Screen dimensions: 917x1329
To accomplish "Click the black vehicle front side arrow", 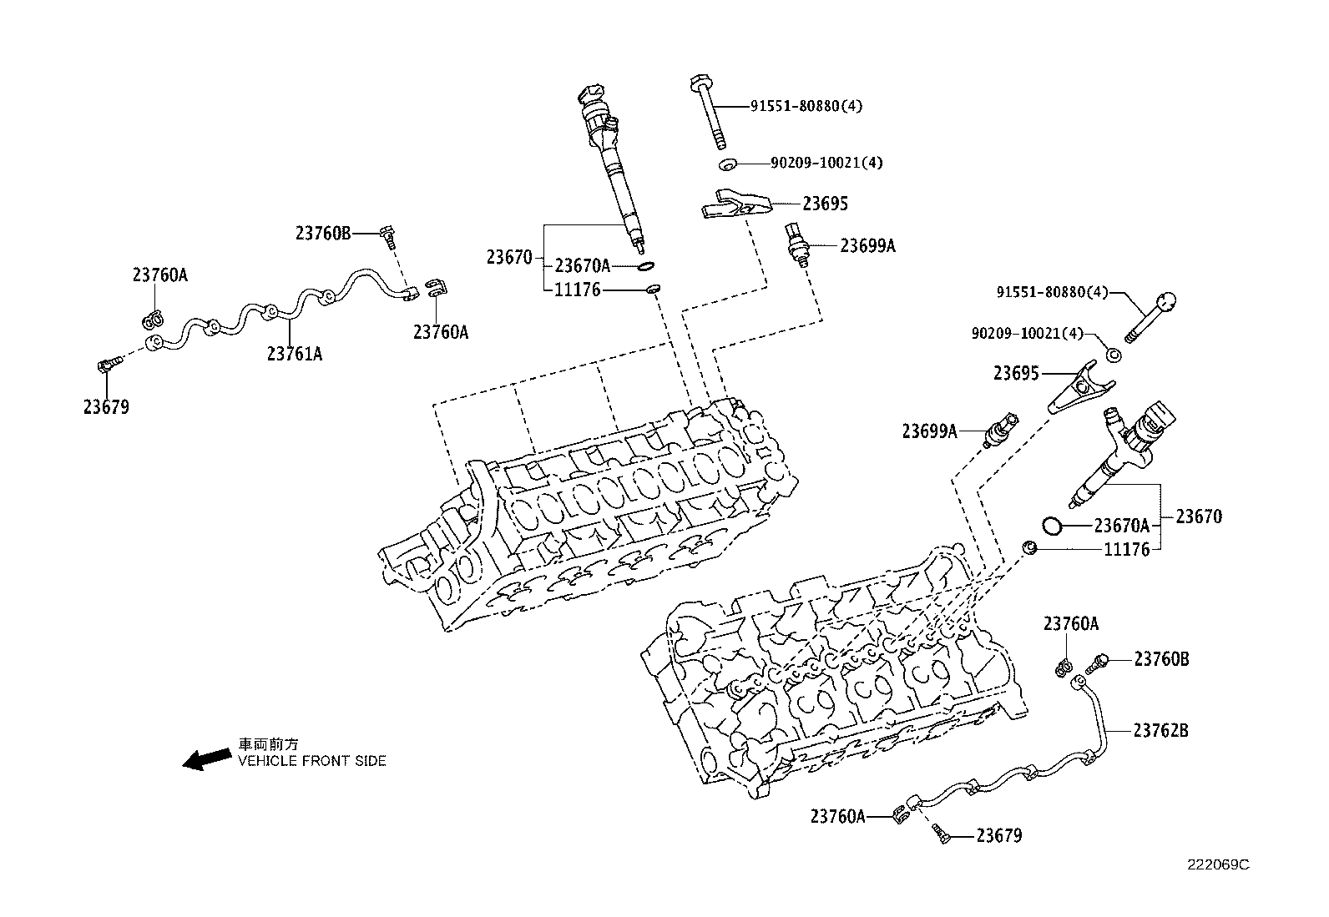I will pyautogui.click(x=207, y=758).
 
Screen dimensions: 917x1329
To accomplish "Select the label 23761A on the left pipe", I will pyautogui.click(x=295, y=354).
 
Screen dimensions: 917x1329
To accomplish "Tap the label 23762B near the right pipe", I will pyautogui.click(x=1160, y=731).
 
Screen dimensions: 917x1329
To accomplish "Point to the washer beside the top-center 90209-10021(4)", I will pyautogui.click(x=727, y=164).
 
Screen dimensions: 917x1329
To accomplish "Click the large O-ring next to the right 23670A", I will pyautogui.click(x=1052, y=526).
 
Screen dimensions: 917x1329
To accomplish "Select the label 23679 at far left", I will pyautogui.click(x=106, y=407).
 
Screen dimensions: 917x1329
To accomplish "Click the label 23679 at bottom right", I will pyautogui.click(x=998, y=835).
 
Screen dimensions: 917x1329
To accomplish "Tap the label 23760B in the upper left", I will pyautogui.click(x=322, y=234).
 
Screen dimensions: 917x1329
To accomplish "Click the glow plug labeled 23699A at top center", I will pyautogui.click(x=796, y=244).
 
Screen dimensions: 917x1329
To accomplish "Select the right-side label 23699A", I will pyautogui.click(x=929, y=431).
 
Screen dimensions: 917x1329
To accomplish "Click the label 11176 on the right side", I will pyautogui.click(x=1126, y=549).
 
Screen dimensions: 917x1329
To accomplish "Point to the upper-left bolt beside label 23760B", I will pyautogui.click(x=387, y=235).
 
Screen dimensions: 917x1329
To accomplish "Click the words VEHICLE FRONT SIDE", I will pyautogui.click(x=312, y=761).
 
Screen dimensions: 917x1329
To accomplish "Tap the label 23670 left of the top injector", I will pyautogui.click(x=509, y=257).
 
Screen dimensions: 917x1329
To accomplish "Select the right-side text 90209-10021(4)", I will pyautogui.click(x=1027, y=333).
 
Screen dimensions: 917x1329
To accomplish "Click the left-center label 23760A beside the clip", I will pyautogui.click(x=441, y=332).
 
